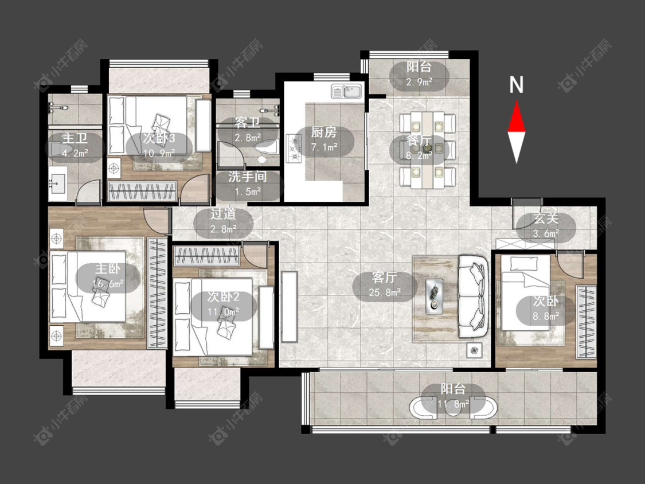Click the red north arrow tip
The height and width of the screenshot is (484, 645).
[516, 102]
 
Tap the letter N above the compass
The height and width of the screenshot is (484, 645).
[516, 85]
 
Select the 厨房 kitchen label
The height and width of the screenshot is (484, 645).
[324, 132]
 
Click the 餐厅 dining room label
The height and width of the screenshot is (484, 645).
[419, 140]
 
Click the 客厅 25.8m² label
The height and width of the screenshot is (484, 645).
[385, 284]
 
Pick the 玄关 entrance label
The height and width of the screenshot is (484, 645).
[546, 218]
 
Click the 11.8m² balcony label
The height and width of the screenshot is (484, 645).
[454, 396]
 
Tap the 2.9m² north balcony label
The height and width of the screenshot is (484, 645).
[419, 75]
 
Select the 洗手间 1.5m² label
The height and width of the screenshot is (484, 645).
[248, 184]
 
